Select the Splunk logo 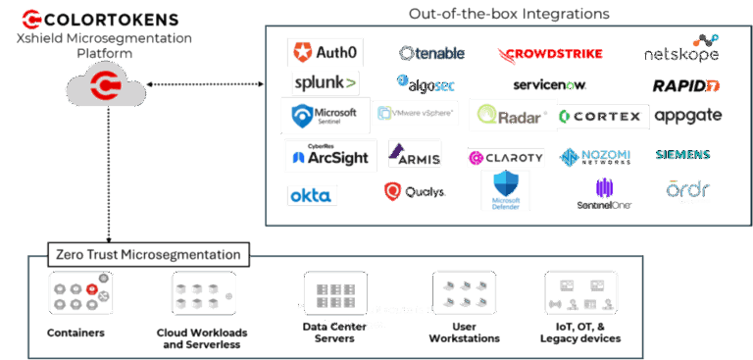click(x=324, y=82)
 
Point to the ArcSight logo click(x=324, y=156)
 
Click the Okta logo click(x=313, y=195)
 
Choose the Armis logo click(x=414, y=155)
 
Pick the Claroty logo click(x=505, y=157)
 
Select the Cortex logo click(x=601, y=117)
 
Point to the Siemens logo click(x=682, y=155)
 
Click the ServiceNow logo click(x=549, y=85)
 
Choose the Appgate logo click(x=687, y=116)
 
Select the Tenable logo click(x=431, y=53)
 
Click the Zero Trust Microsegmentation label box click(x=147, y=254)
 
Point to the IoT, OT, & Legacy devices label click(x=579, y=333)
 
